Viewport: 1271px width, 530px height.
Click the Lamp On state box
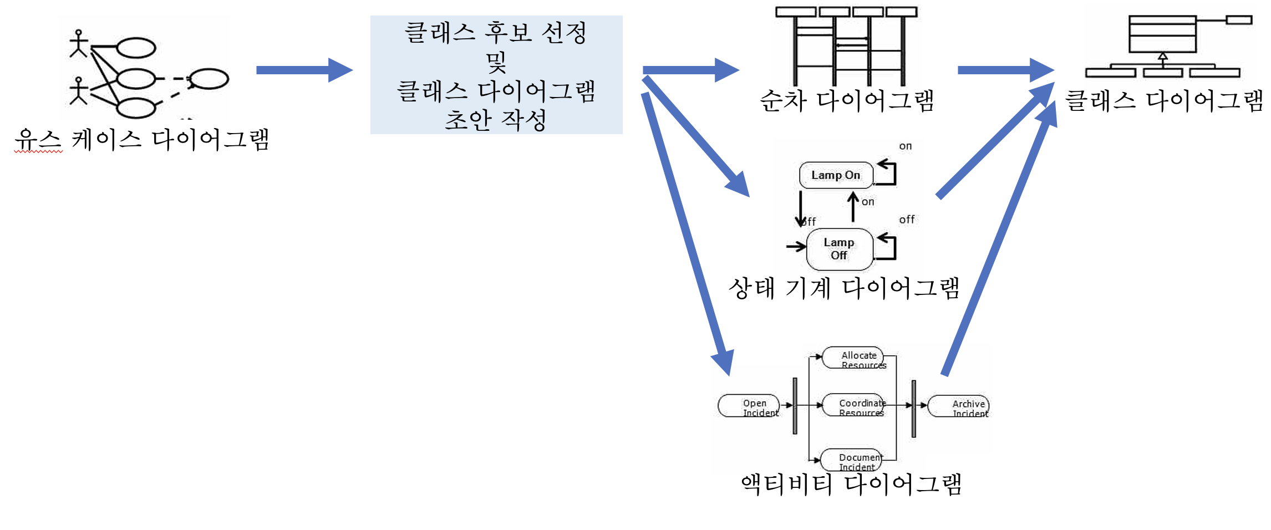click(x=836, y=175)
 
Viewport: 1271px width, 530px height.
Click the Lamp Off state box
click(x=839, y=249)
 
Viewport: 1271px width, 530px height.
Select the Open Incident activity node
click(x=749, y=406)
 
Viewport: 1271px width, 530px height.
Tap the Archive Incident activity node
click(x=959, y=406)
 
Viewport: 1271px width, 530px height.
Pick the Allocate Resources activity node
click(x=853, y=358)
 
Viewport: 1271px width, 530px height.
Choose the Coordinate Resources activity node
click(x=853, y=405)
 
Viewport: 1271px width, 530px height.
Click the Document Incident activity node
click(x=851, y=460)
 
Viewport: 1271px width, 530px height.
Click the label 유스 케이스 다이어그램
click(x=142, y=139)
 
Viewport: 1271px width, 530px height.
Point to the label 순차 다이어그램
click(x=847, y=101)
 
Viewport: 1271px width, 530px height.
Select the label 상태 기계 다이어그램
click(x=843, y=288)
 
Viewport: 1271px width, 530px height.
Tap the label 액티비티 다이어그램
click(x=851, y=484)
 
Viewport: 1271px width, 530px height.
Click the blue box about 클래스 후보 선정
click(x=496, y=75)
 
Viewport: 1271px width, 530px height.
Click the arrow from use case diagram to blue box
click(x=304, y=70)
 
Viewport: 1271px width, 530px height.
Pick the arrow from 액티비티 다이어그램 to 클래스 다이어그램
click(x=998, y=238)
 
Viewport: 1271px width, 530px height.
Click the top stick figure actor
click(x=79, y=44)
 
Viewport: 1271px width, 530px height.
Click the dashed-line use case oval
click(x=209, y=79)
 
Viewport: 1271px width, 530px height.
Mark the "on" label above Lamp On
click(x=905, y=146)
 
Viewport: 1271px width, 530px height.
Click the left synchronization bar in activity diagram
click(x=795, y=406)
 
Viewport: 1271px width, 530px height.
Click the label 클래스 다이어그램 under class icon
click(x=1163, y=101)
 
